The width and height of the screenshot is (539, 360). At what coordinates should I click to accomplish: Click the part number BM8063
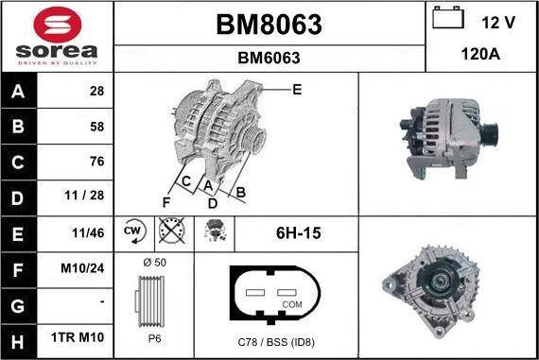click(269, 23)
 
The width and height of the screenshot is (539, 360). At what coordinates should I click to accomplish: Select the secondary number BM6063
click(269, 58)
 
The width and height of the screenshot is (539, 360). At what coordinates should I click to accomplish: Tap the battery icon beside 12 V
click(449, 19)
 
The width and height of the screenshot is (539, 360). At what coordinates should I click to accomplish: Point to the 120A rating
click(480, 56)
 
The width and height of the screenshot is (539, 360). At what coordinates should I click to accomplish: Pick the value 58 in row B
click(96, 126)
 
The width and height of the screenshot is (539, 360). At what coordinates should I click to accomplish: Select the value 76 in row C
click(96, 162)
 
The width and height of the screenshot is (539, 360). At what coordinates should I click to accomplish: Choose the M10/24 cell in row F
click(84, 269)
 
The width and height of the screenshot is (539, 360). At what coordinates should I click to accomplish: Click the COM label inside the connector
click(293, 304)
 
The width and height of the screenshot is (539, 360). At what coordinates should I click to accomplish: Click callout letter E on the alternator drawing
click(296, 90)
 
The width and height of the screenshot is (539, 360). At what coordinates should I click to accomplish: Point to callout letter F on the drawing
click(165, 202)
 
